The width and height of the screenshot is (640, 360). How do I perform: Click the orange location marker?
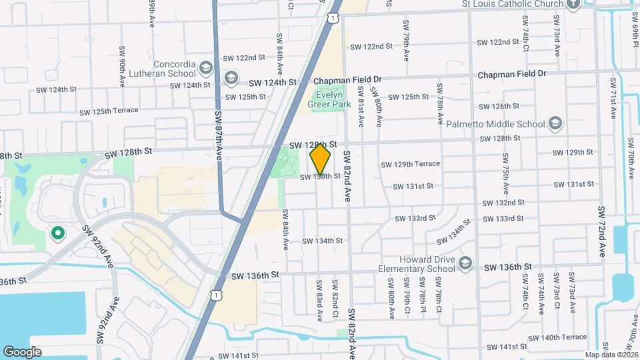point(321,159)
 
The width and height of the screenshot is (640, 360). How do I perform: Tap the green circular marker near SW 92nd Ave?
point(57,233)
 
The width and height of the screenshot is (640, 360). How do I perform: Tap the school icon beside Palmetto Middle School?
point(555,123)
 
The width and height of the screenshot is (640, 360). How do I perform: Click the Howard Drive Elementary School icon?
point(465,263)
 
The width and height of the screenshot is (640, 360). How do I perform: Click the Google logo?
point(23,352)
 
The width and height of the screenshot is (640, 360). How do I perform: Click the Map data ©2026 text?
point(611,355)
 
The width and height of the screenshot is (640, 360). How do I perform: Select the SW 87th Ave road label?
point(219,136)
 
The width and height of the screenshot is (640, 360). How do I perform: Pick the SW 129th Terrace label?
point(410,164)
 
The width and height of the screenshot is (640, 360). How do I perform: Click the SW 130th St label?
point(320,177)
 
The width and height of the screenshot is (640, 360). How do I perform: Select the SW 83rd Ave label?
point(319,298)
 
